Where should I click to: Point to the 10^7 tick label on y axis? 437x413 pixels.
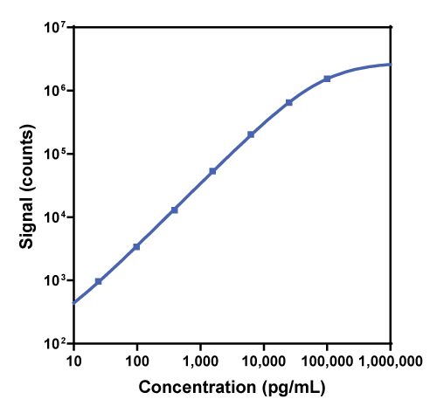tap(55, 28)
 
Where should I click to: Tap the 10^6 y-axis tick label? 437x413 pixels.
tap(55, 91)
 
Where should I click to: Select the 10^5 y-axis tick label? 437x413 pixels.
tap(55, 155)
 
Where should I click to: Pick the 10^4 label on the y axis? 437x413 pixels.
tap(55, 217)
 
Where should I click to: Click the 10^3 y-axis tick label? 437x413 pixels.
tap(55, 281)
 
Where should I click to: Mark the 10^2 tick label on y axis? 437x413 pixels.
tap(55, 344)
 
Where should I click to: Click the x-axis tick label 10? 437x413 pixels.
tap(73, 360)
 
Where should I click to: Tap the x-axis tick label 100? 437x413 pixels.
tap(137, 360)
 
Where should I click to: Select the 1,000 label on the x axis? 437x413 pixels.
tap(200, 360)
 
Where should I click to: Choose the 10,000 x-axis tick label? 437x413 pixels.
tap(263, 360)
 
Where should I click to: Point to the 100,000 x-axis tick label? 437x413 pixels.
tap(326, 360)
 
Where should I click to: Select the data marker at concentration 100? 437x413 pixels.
tap(137, 247)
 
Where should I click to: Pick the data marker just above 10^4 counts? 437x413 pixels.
tap(175, 210)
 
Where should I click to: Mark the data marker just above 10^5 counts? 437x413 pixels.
tap(251, 134)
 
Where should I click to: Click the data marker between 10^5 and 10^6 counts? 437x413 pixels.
tap(289, 102)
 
